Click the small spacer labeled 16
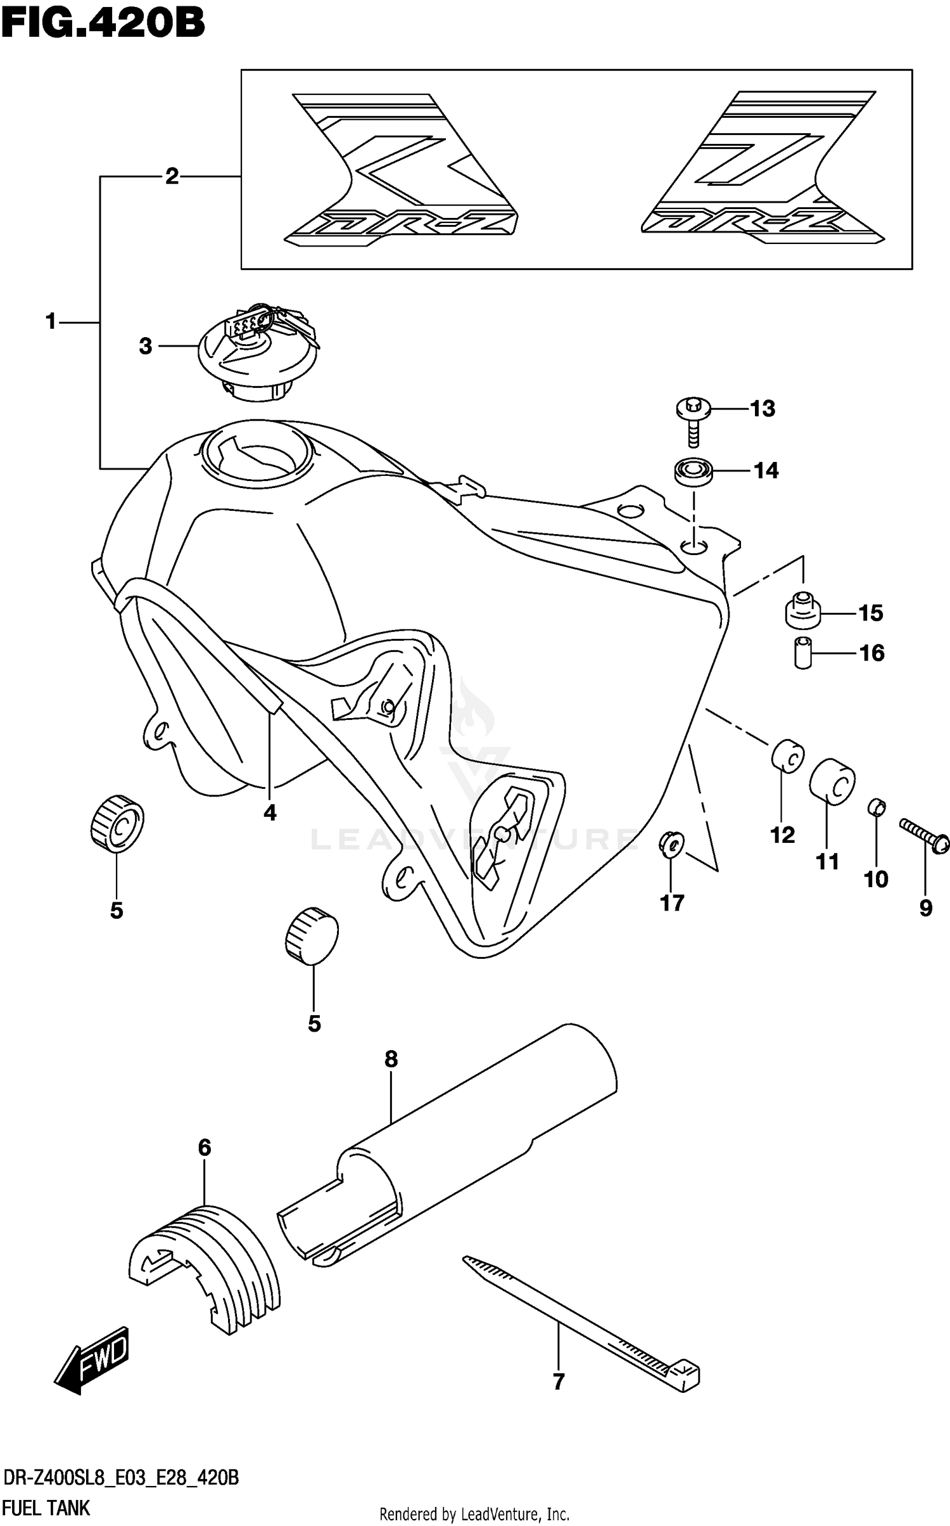coord(802,653)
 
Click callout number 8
coord(391,1059)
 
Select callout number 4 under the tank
coord(270,812)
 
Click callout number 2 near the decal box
coord(172,177)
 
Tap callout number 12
coord(782,835)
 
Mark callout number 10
coord(876,879)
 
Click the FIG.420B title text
coord(103,24)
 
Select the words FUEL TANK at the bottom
coord(47,1507)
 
